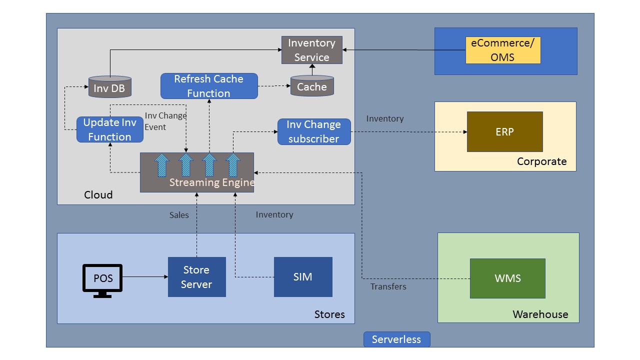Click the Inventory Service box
click(x=311, y=50)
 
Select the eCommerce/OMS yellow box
click(x=503, y=50)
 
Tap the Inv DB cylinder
click(x=109, y=87)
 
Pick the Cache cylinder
click(x=312, y=86)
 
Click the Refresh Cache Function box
click(x=209, y=86)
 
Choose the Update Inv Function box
click(x=109, y=129)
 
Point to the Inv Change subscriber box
click(x=314, y=131)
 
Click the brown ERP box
click(x=504, y=131)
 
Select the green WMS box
click(x=507, y=278)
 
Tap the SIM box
click(x=303, y=276)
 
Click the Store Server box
click(x=196, y=277)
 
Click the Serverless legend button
click(x=396, y=339)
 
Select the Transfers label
click(x=388, y=286)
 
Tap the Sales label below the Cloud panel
click(x=179, y=215)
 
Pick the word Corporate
click(x=541, y=161)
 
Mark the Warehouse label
click(x=540, y=314)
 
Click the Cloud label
click(x=98, y=195)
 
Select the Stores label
click(x=329, y=314)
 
